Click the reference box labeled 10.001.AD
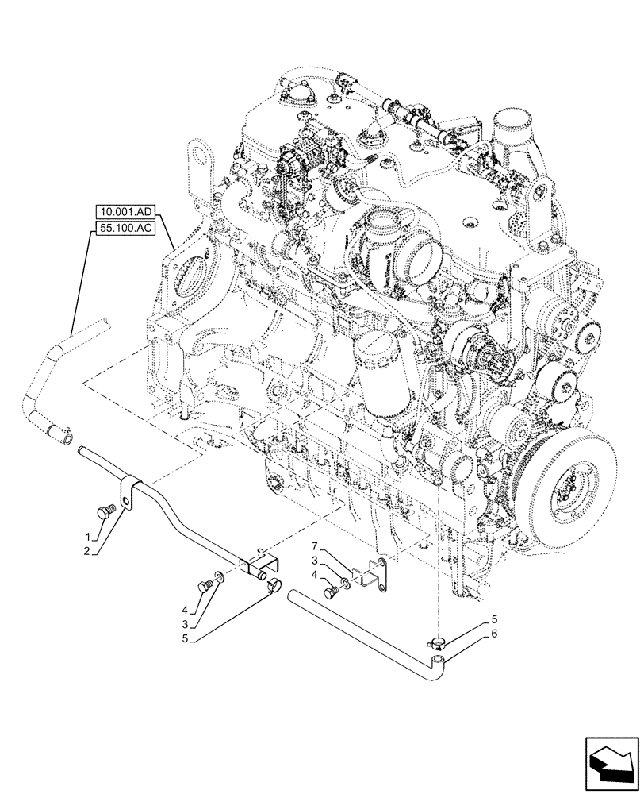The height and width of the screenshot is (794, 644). point(125,213)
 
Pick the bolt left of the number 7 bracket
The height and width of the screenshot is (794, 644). point(329,591)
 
